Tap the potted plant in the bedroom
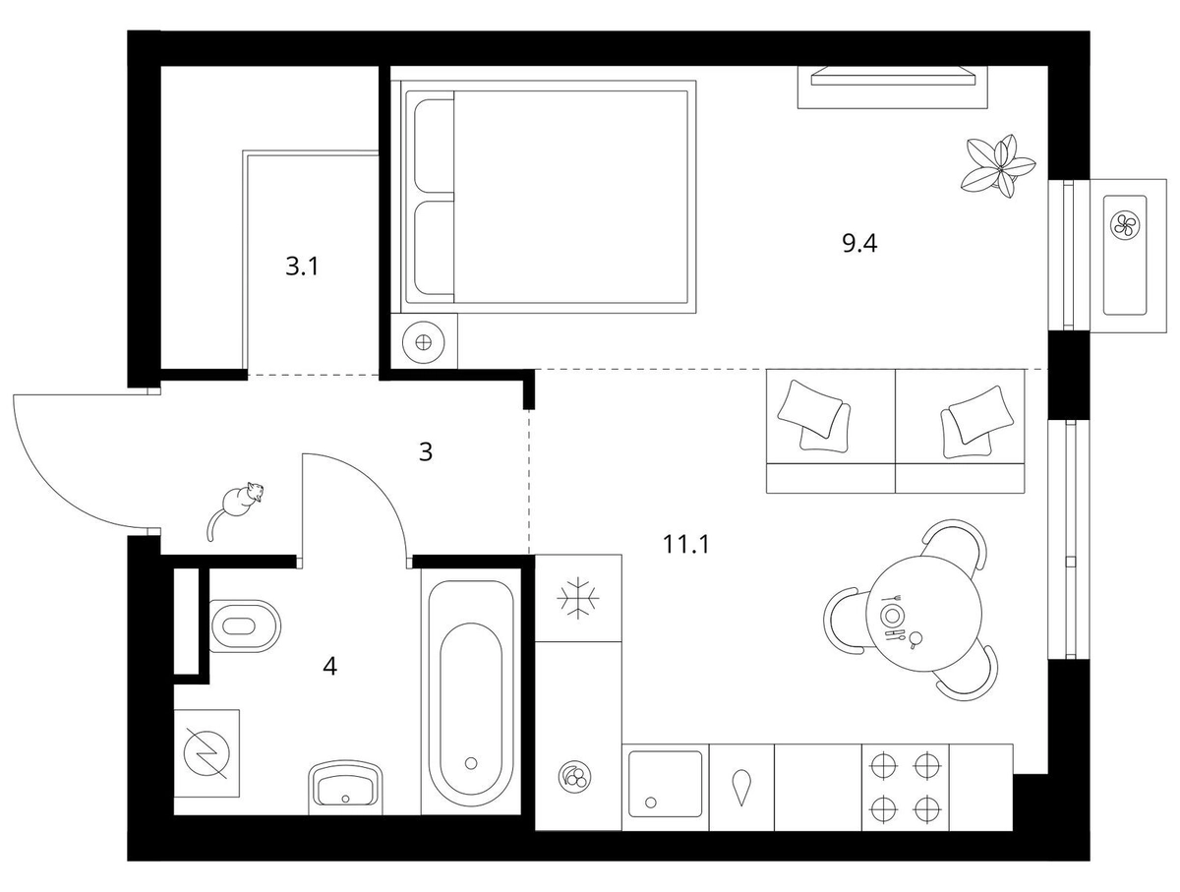click(997, 166)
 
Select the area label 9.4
click(859, 244)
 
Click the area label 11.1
click(686, 544)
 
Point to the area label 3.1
click(302, 267)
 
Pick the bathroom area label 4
click(329, 666)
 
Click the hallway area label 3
click(425, 452)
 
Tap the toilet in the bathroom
click(245, 625)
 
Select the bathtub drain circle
click(471, 763)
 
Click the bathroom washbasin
click(345, 787)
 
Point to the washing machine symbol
click(206, 752)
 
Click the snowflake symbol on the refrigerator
click(578, 598)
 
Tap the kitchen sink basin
click(666, 784)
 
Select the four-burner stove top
click(906, 787)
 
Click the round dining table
click(925, 612)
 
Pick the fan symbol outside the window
click(1125, 224)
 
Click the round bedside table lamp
click(424, 342)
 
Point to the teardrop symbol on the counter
click(741, 787)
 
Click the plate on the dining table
click(891, 615)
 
